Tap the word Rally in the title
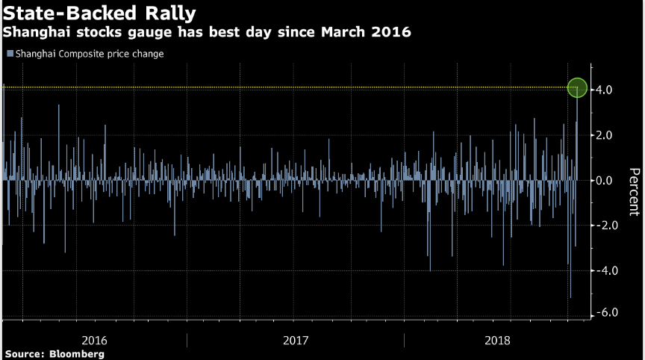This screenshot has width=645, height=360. (x=171, y=14)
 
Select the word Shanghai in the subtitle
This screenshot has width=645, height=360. (x=36, y=34)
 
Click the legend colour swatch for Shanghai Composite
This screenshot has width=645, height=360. (x=9, y=54)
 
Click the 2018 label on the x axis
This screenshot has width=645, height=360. (x=497, y=340)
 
